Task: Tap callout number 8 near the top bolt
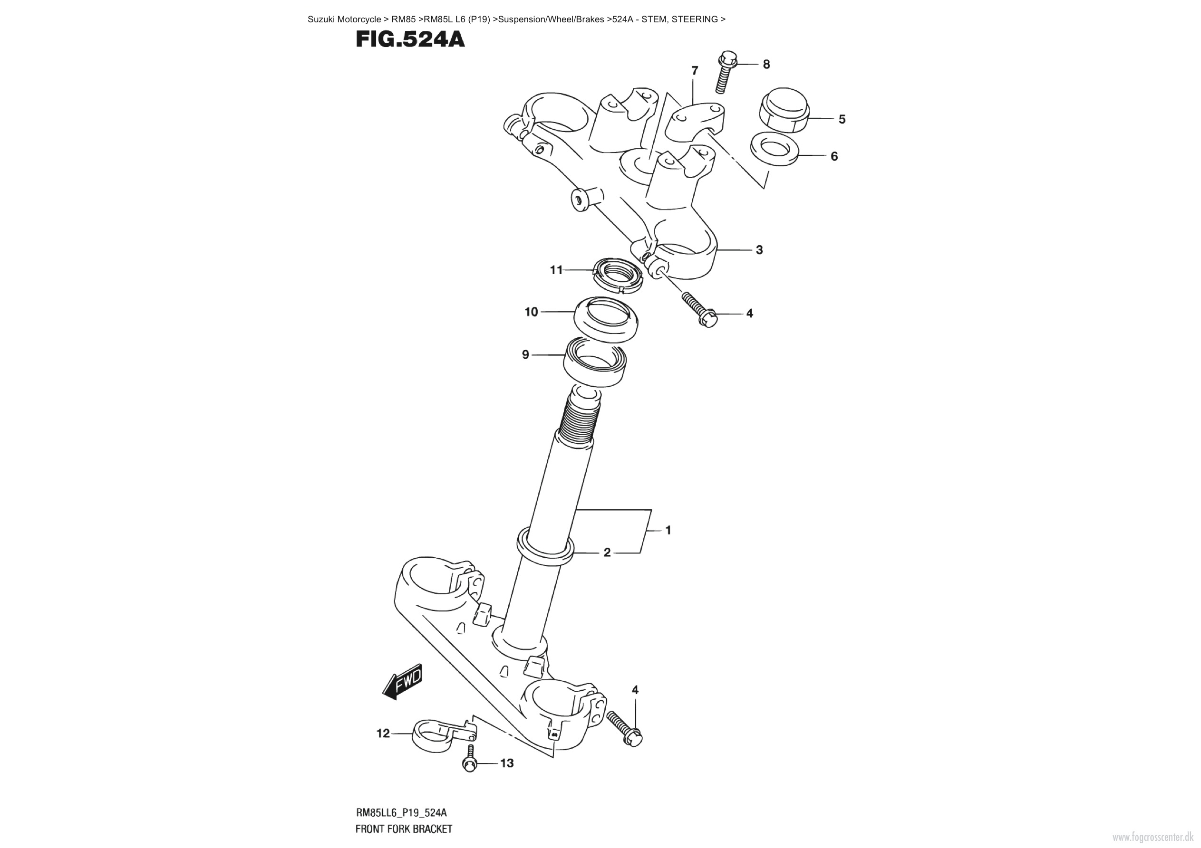[766, 64]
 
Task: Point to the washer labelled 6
[774, 149]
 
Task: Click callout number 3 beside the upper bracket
[759, 250]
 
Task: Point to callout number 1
[668, 530]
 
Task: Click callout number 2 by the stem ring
[607, 552]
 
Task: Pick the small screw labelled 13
[470, 761]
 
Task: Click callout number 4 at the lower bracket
[635, 690]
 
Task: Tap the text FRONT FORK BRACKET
[403, 829]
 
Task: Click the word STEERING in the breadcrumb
[694, 19]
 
